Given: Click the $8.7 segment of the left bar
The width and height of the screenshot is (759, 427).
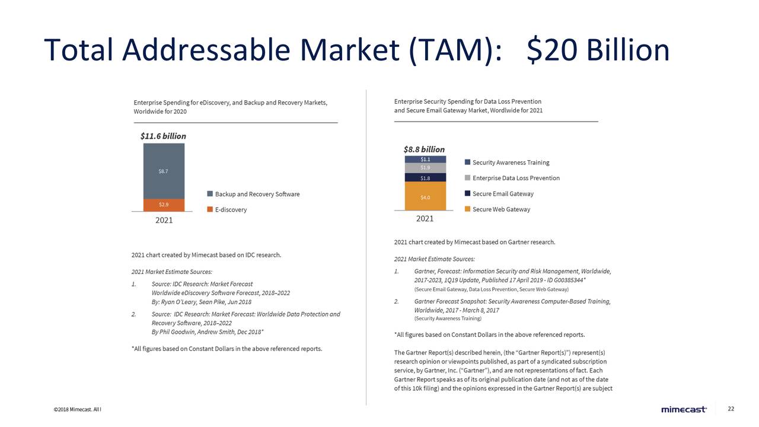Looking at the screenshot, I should pos(163,171).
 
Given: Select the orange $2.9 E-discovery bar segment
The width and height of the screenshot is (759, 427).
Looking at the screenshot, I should pos(163,205).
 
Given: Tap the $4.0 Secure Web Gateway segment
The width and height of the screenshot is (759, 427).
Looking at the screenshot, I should pos(425,196).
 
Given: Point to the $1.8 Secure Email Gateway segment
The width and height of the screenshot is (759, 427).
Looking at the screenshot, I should pos(425,177).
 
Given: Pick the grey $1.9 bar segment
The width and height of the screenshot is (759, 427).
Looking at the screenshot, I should pos(425,168).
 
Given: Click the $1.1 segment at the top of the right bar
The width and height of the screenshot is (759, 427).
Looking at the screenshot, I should pos(425,159).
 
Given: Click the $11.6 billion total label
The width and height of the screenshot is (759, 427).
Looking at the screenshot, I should pos(163,136).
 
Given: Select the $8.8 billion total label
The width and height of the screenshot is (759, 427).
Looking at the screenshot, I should pos(424,149).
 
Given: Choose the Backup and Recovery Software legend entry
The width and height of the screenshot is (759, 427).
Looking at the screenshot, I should pos(257,194).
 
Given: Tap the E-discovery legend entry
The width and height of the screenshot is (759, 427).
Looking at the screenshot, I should pos(231,209).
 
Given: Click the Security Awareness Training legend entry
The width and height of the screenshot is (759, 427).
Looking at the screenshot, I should pos(511,162).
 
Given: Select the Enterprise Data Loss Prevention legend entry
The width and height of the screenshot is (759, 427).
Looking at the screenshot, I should pos(516,178).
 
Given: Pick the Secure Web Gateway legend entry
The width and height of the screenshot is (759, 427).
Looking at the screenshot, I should pos(501,209).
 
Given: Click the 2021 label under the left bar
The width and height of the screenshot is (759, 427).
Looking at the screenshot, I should pos(164,220).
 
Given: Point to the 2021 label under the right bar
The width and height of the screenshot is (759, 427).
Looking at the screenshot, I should pos(425,218).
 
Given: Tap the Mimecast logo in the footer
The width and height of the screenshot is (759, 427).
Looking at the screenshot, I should pos(684,409).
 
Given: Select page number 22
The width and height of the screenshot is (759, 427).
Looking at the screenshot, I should pos(731,409).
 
